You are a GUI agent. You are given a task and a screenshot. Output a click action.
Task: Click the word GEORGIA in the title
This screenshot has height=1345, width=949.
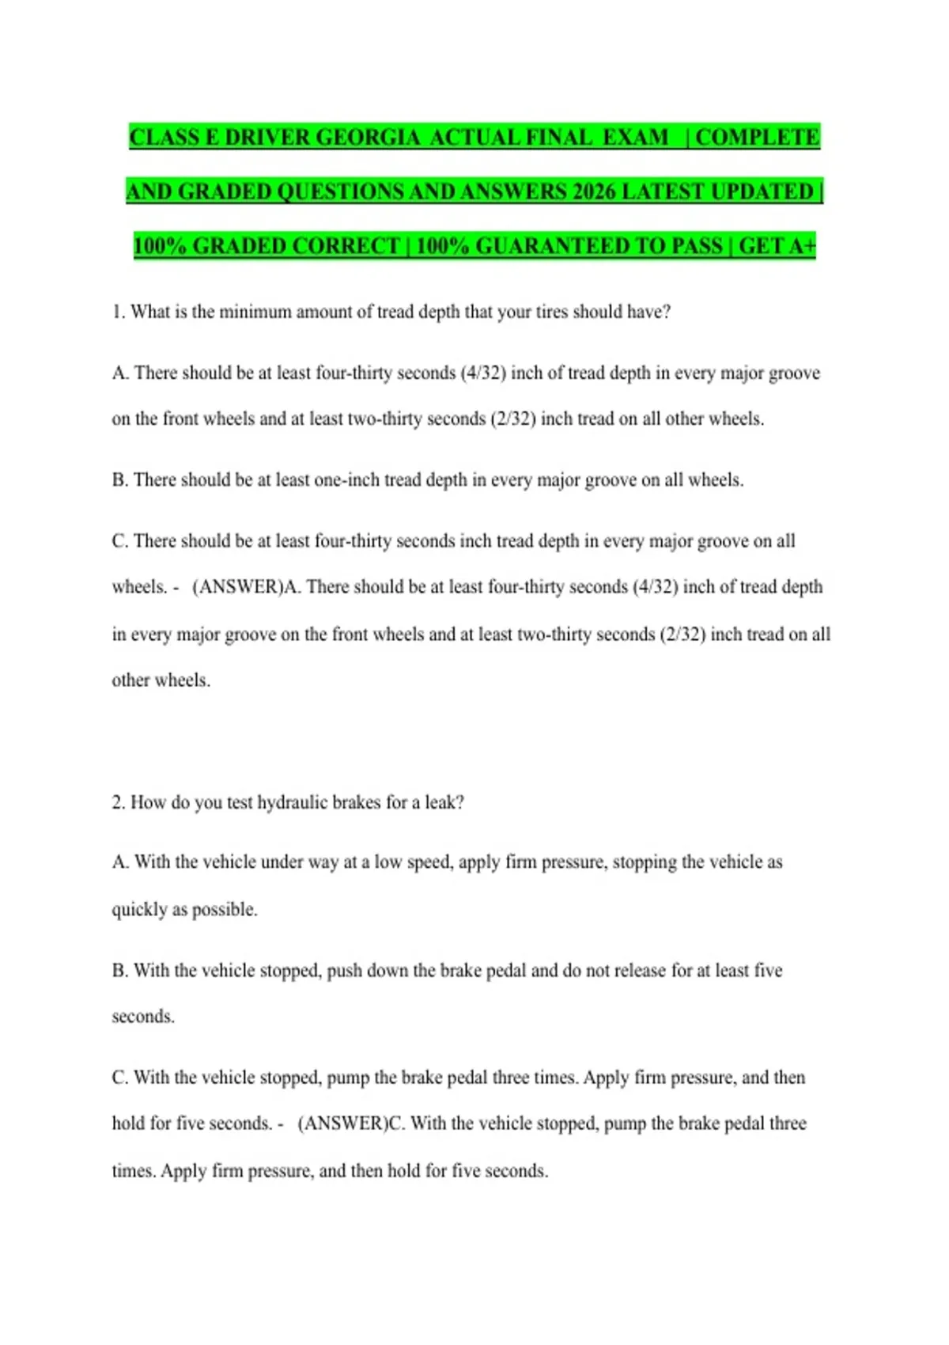[x=368, y=138]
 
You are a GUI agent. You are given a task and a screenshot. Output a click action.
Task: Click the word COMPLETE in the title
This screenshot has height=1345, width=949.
[x=757, y=138]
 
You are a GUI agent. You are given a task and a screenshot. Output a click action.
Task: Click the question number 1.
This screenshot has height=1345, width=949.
[x=118, y=312]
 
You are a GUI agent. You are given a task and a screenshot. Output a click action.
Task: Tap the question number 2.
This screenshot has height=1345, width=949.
[x=118, y=802]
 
